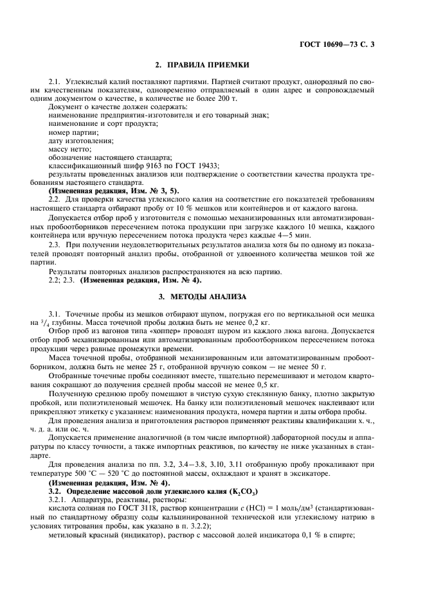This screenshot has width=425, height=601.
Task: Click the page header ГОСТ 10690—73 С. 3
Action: pyautogui.click(x=341, y=44)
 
